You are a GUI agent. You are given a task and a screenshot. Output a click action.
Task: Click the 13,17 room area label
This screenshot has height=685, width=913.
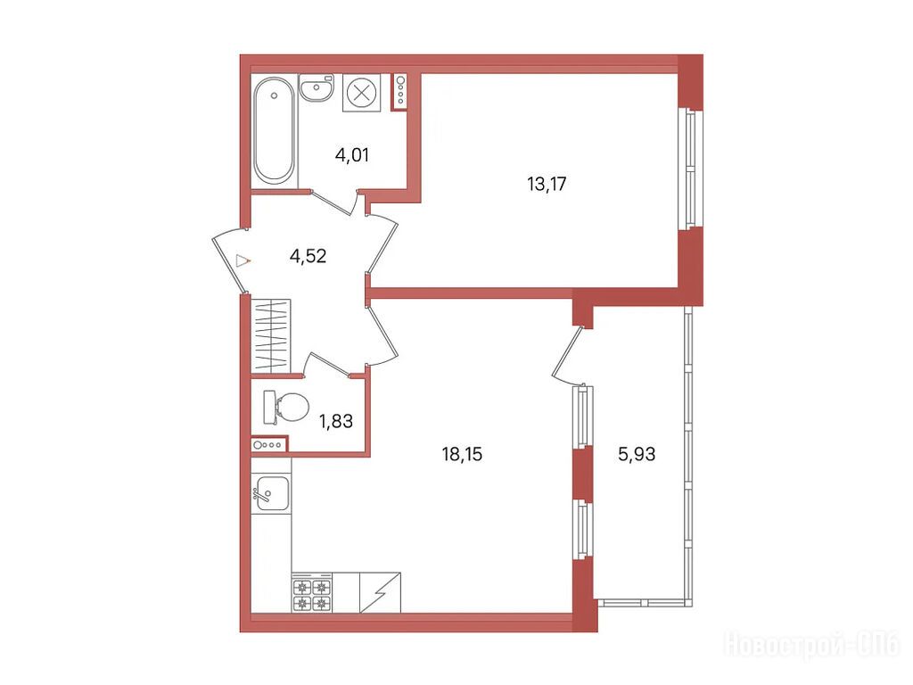point(547,185)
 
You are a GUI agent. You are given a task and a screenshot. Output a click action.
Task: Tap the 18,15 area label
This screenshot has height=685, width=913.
point(463,454)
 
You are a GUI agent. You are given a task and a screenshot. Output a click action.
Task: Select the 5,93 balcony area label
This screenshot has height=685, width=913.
point(637,454)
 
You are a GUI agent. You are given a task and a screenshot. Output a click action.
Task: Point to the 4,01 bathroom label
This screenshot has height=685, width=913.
point(351,155)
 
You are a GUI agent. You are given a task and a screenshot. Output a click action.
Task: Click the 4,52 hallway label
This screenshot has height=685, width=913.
point(308,256)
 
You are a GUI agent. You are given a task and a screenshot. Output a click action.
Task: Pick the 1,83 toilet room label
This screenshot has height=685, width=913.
point(336,421)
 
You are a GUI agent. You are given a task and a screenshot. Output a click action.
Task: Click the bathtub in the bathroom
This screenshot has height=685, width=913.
point(275,130)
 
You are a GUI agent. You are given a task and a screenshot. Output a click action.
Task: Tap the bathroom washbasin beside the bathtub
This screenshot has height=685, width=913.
point(317,88)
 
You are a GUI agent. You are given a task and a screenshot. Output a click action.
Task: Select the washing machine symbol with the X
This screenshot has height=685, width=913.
point(362,93)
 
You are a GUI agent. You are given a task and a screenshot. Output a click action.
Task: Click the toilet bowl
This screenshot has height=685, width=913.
point(286,407)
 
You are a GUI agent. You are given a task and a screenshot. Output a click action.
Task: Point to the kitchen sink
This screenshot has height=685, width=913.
point(272,493)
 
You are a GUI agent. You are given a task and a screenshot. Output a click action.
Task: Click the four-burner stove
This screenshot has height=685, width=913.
point(312,593)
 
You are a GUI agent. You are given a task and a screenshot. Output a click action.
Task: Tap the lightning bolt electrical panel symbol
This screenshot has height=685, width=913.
point(380,593)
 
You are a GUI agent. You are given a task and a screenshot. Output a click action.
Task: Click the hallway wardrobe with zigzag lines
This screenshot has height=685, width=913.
point(271,336)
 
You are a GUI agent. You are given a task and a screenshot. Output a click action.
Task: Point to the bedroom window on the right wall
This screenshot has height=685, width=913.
point(690,169)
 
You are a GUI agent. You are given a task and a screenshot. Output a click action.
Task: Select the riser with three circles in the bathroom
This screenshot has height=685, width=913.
point(400,92)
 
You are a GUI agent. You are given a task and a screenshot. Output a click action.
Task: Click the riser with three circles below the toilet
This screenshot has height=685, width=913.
point(269,445)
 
